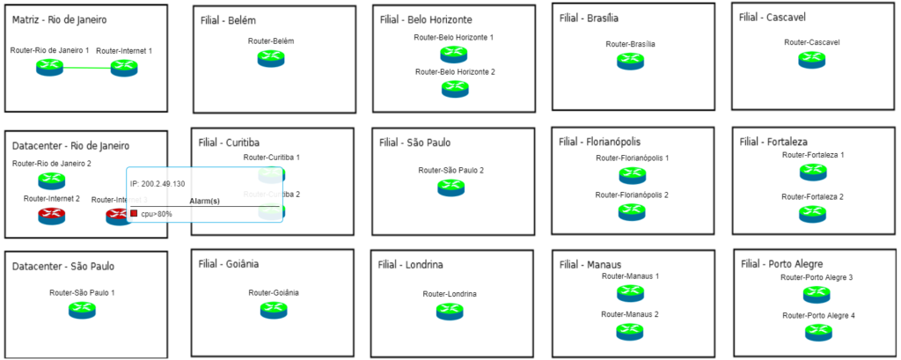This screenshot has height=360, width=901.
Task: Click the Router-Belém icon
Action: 271,58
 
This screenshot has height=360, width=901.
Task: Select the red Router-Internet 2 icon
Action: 51,216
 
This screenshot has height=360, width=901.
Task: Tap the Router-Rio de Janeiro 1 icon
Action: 50,68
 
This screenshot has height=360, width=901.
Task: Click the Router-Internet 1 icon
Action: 124,68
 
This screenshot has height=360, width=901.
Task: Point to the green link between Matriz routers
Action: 87,68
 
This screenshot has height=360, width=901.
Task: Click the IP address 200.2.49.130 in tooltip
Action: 157,183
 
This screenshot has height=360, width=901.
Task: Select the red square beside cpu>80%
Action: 134,214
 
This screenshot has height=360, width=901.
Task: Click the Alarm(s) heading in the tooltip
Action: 204,202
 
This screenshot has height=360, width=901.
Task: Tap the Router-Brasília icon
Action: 630,61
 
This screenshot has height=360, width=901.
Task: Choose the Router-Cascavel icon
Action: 811,59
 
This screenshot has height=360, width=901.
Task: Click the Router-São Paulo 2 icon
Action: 450,187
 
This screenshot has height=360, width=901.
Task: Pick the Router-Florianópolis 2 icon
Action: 631,210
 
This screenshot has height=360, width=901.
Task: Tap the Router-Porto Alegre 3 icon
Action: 816,295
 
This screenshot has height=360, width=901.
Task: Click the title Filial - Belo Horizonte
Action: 426,18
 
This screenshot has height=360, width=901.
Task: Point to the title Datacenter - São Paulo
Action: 63,266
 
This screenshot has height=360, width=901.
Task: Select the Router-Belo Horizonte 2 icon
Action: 454,88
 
